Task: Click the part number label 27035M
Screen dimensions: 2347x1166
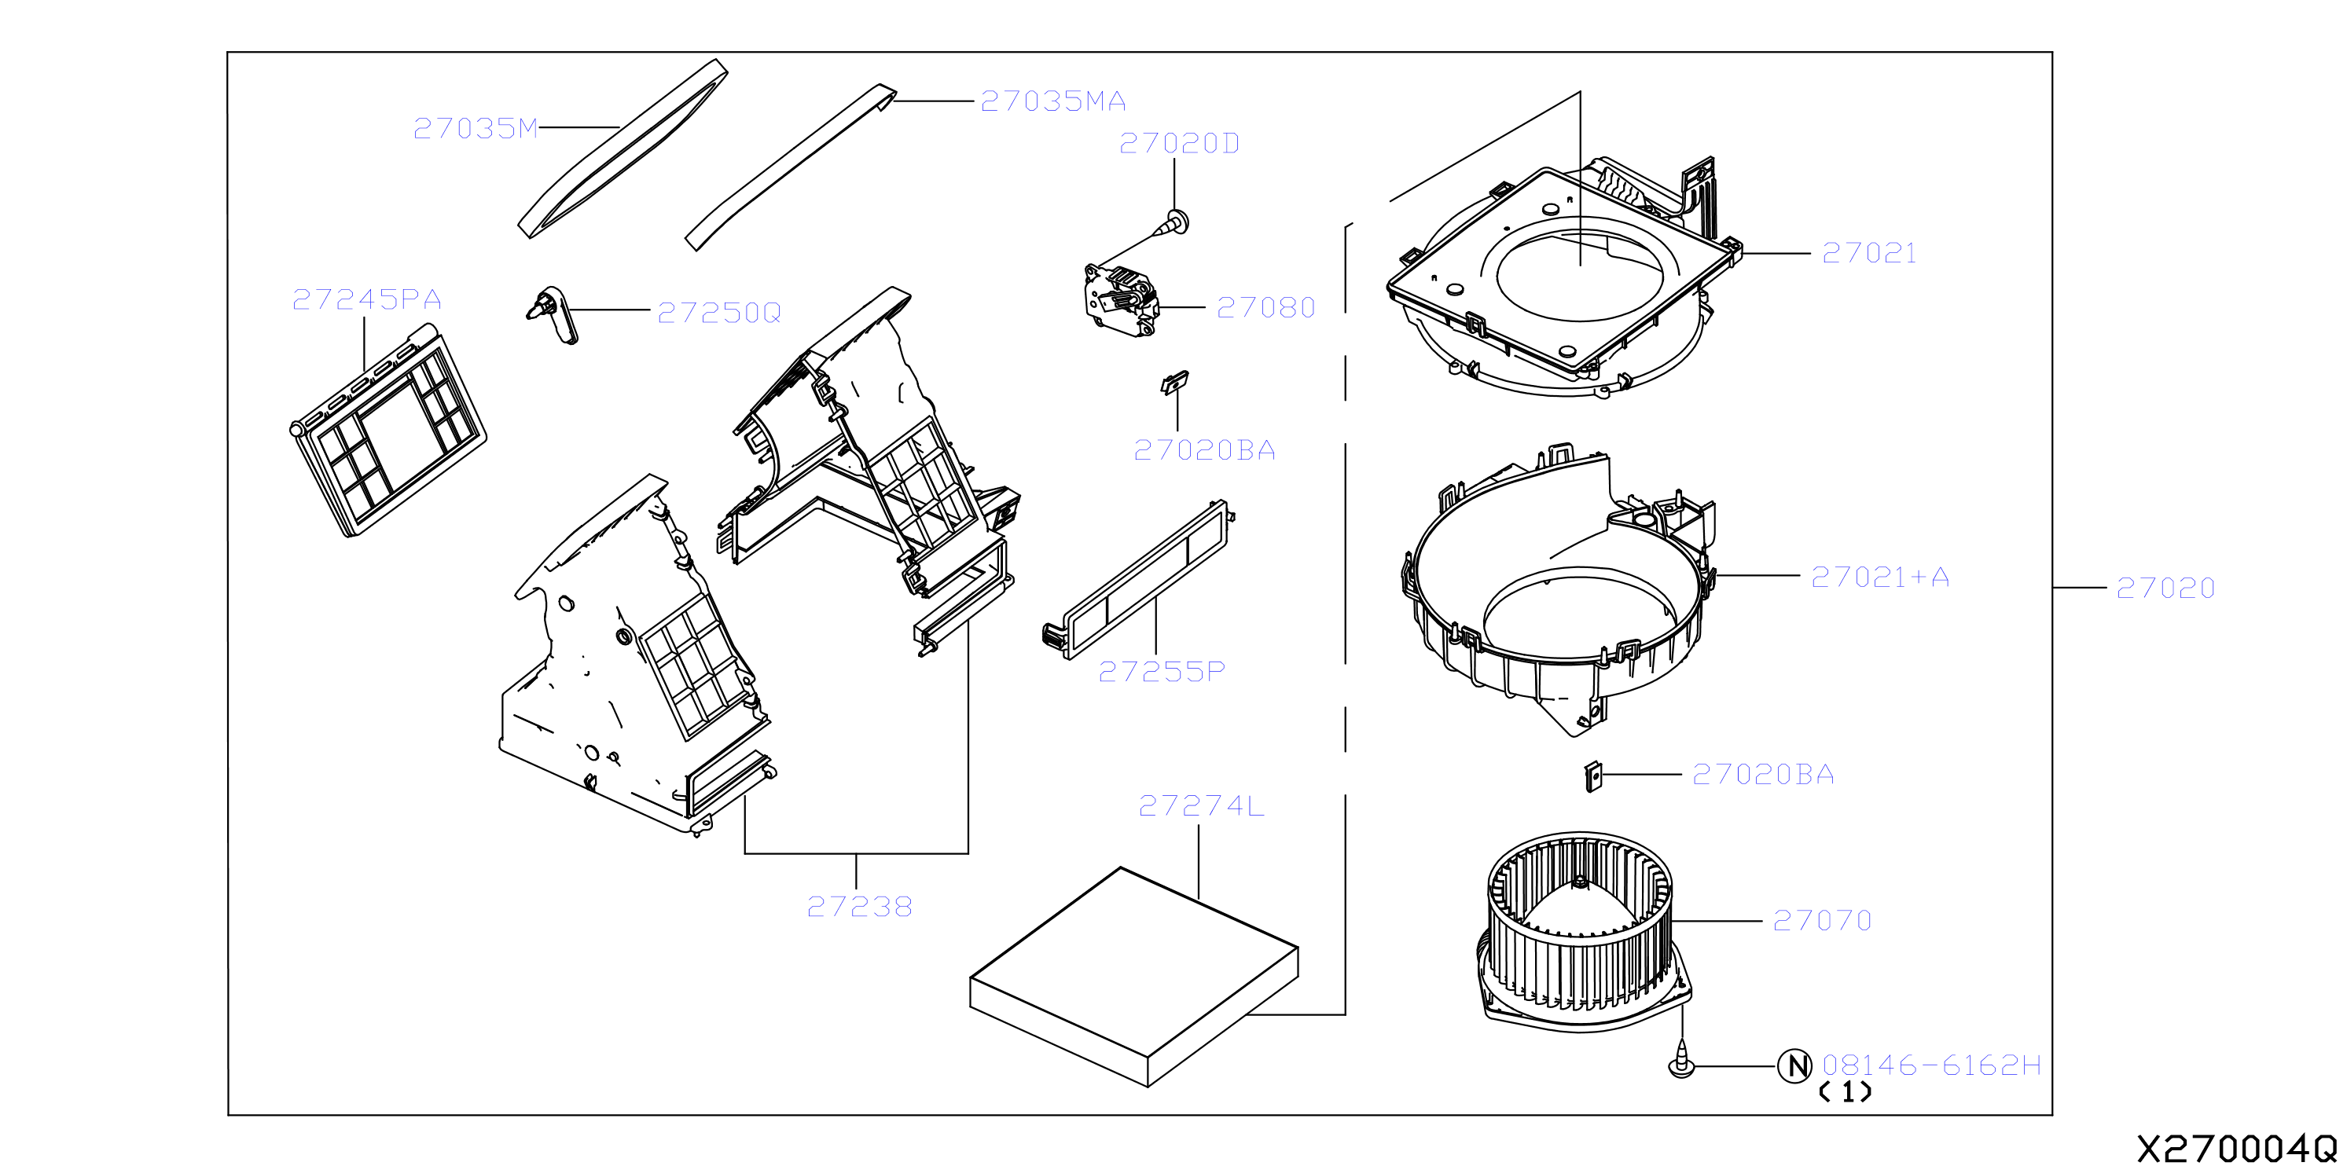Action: (x=476, y=128)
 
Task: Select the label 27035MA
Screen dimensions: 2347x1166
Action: (x=1053, y=101)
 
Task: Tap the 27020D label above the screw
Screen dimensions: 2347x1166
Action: (x=1179, y=143)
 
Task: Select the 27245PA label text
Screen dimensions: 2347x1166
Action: (x=366, y=299)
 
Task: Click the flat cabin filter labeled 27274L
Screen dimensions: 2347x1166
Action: (x=1134, y=977)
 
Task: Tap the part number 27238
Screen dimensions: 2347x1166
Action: (x=859, y=907)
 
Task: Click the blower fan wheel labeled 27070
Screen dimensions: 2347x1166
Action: (x=1582, y=931)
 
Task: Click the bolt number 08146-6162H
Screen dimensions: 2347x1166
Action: (x=1931, y=1065)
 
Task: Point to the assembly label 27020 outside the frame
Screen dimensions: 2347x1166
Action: (x=2165, y=588)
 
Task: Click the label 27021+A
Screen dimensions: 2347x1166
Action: (x=1879, y=577)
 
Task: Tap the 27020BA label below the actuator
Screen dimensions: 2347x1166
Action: (x=1204, y=450)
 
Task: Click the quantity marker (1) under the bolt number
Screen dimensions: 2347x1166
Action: (x=1845, y=1091)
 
